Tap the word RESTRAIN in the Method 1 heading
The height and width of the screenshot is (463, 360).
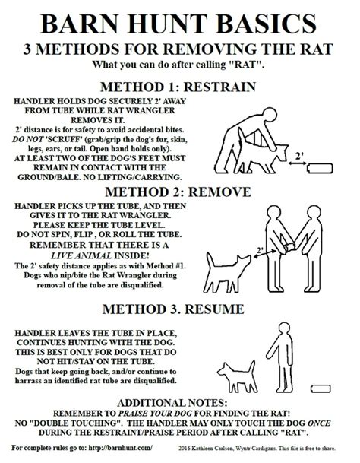click(x=219, y=87)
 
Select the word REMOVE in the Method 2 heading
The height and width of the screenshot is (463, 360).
click(x=219, y=192)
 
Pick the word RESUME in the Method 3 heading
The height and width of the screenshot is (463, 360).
click(x=214, y=309)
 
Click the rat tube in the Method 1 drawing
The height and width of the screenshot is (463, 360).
click(x=320, y=168)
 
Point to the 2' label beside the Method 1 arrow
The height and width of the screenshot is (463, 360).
click(x=299, y=156)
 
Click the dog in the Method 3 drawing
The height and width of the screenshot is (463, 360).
click(x=237, y=377)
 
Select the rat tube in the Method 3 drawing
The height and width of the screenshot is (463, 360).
click(x=321, y=388)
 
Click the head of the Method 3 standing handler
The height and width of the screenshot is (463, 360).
click(x=285, y=328)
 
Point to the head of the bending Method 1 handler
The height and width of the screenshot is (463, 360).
click(x=269, y=115)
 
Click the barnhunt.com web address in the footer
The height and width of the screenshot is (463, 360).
click(x=121, y=448)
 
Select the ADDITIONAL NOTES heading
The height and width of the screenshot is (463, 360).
click(x=172, y=403)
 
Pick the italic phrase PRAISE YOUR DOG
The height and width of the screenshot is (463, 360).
click(x=155, y=413)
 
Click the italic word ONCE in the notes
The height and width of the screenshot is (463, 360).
click(x=319, y=423)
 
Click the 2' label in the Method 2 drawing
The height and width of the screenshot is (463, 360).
click(x=260, y=250)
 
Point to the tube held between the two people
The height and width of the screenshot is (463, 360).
click(x=288, y=247)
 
